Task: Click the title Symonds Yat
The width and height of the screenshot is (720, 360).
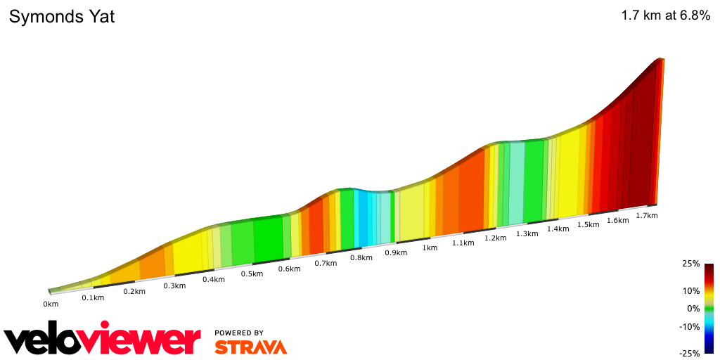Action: pyautogui.click(x=62, y=17)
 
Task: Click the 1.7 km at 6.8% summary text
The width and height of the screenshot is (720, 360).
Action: pyautogui.click(x=665, y=16)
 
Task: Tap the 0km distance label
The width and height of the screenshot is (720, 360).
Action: pyautogui.click(x=51, y=304)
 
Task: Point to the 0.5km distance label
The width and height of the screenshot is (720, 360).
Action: pyautogui.click(x=252, y=274)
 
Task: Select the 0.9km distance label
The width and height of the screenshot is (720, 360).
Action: pyautogui.click(x=396, y=252)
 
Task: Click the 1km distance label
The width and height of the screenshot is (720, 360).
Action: pyautogui.click(x=430, y=247)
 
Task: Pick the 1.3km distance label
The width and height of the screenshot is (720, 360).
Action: pyautogui.click(x=527, y=233)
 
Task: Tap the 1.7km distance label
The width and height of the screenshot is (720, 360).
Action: pyautogui.click(x=646, y=215)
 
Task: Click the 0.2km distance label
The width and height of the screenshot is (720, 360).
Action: pyautogui.click(x=134, y=291)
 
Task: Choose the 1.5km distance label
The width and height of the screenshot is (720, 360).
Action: pyautogui.click(x=588, y=224)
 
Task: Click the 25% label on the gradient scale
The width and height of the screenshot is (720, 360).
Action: pyautogui.click(x=691, y=264)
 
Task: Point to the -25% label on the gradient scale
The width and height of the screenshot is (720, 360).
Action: pyautogui.click(x=690, y=354)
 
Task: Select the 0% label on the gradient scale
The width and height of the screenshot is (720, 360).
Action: pyautogui.click(x=693, y=309)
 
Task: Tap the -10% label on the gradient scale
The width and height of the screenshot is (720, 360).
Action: pyautogui.click(x=690, y=326)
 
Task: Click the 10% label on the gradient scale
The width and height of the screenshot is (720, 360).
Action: pyautogui.click(x=691, y=290)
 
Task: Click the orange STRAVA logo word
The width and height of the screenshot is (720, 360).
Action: pyautogui.click(x=250, y=347)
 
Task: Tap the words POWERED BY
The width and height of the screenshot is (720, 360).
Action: pyautogui.click(x=239, y=333)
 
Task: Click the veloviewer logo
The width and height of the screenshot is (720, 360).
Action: pyautogui.click(x=102, y=341)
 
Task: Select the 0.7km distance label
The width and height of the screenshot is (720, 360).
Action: pyautogui.click(x=326, y=263)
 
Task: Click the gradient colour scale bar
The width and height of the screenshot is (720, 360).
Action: pyautogui.click(x=709, y=309)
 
